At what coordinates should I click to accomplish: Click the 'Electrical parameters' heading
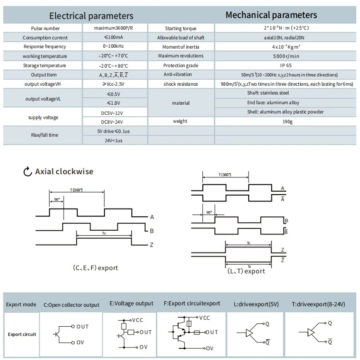91,16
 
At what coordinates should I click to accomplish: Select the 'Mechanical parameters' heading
271,15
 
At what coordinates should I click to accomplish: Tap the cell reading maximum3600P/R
114,28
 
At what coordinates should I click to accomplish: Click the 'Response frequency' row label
45,47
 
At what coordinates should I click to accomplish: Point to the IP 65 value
286,65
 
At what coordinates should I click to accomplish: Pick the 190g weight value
287,121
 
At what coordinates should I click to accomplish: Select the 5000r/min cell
286,56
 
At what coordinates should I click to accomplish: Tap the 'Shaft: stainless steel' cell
268,93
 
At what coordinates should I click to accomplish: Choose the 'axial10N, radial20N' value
284,38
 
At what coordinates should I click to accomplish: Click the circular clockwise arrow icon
27,171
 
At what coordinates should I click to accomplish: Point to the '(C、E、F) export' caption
95,268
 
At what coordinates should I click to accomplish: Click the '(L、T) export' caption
246,271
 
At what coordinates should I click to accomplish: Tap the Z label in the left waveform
152,245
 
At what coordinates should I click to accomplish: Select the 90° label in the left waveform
57,200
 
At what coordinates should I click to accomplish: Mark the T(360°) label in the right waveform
225,175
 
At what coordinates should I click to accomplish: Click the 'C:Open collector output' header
71,305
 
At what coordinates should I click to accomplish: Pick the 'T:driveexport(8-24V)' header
318,304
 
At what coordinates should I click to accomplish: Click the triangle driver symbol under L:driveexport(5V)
249,333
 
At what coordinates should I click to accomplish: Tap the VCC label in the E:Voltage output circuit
137,320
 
